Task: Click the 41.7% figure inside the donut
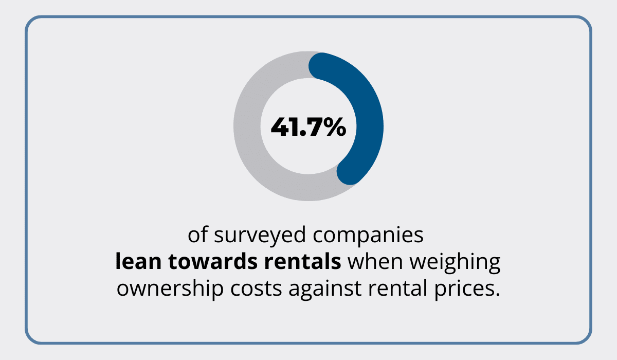coord(308,127)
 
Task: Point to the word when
coord(376,262)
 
